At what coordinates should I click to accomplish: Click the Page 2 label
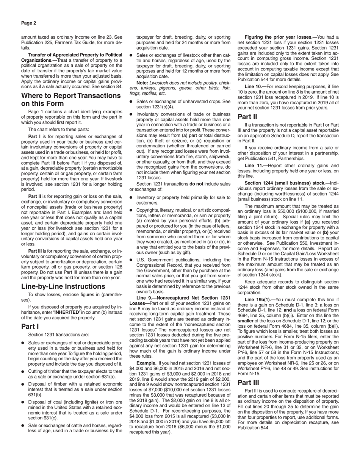pyautogui.click(x=29, y=23)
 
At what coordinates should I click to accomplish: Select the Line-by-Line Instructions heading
pyautogui.click(x=63, y=286)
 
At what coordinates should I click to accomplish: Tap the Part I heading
pyautogui.click(x=30, y=326)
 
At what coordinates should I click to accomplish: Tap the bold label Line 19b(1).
pyautogui.click(x=258, y=300)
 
